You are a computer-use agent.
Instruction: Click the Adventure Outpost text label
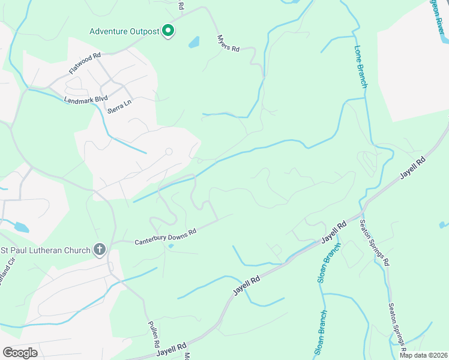point(124,31)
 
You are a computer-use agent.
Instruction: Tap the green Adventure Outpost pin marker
point(169,31)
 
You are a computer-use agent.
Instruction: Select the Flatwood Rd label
point(85,62)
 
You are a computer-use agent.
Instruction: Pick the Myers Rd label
point(228,43)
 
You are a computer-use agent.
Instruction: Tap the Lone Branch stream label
point(361,67)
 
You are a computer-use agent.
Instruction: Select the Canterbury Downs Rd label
point(165,233)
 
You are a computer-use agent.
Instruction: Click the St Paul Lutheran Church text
point(46,250)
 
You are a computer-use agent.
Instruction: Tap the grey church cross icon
point(100,250)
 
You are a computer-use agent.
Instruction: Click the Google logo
point(20,353)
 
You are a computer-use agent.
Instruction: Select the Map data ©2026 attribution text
point(423,355)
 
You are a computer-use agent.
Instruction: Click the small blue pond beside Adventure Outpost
point(194,43)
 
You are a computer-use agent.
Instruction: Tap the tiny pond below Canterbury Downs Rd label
point(171,245)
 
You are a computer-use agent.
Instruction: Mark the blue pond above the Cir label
point(20,227)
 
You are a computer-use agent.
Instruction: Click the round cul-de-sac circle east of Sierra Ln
point(169,152)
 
